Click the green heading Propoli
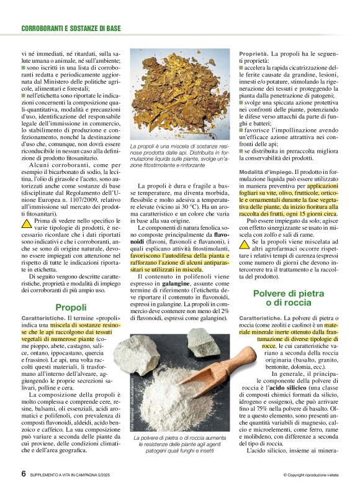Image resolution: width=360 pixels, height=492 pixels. (x=71, y=307)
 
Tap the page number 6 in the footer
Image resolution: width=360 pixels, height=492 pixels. (x=24, y=473)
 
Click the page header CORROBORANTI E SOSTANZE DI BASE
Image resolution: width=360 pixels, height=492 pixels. (x=71, y=29)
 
